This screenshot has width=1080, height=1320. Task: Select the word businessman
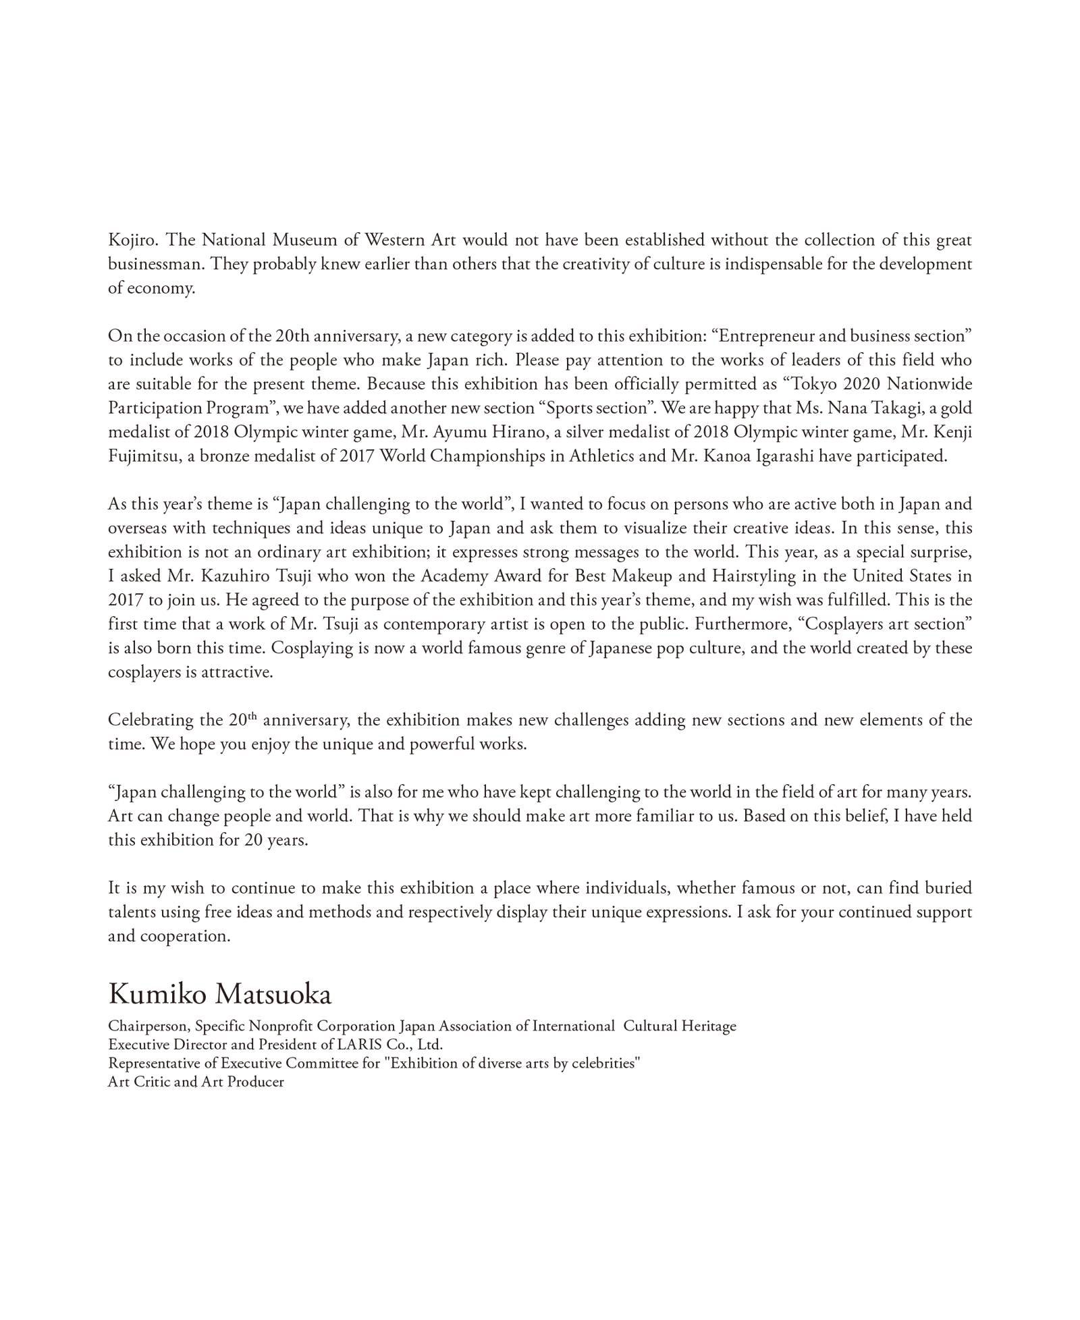[x=155, y=264]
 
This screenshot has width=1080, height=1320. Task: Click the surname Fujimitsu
[x=143, y=456]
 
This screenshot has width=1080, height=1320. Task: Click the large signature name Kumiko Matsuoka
[x=220, y=994]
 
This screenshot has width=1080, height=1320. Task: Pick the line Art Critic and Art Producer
[x=196, y=1082]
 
